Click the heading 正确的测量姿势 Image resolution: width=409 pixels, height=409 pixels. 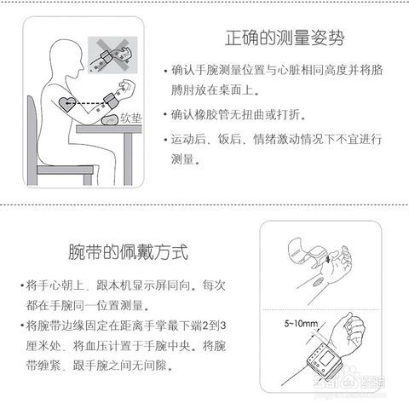[285, 38]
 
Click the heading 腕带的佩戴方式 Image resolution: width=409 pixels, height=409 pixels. [128, 252]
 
